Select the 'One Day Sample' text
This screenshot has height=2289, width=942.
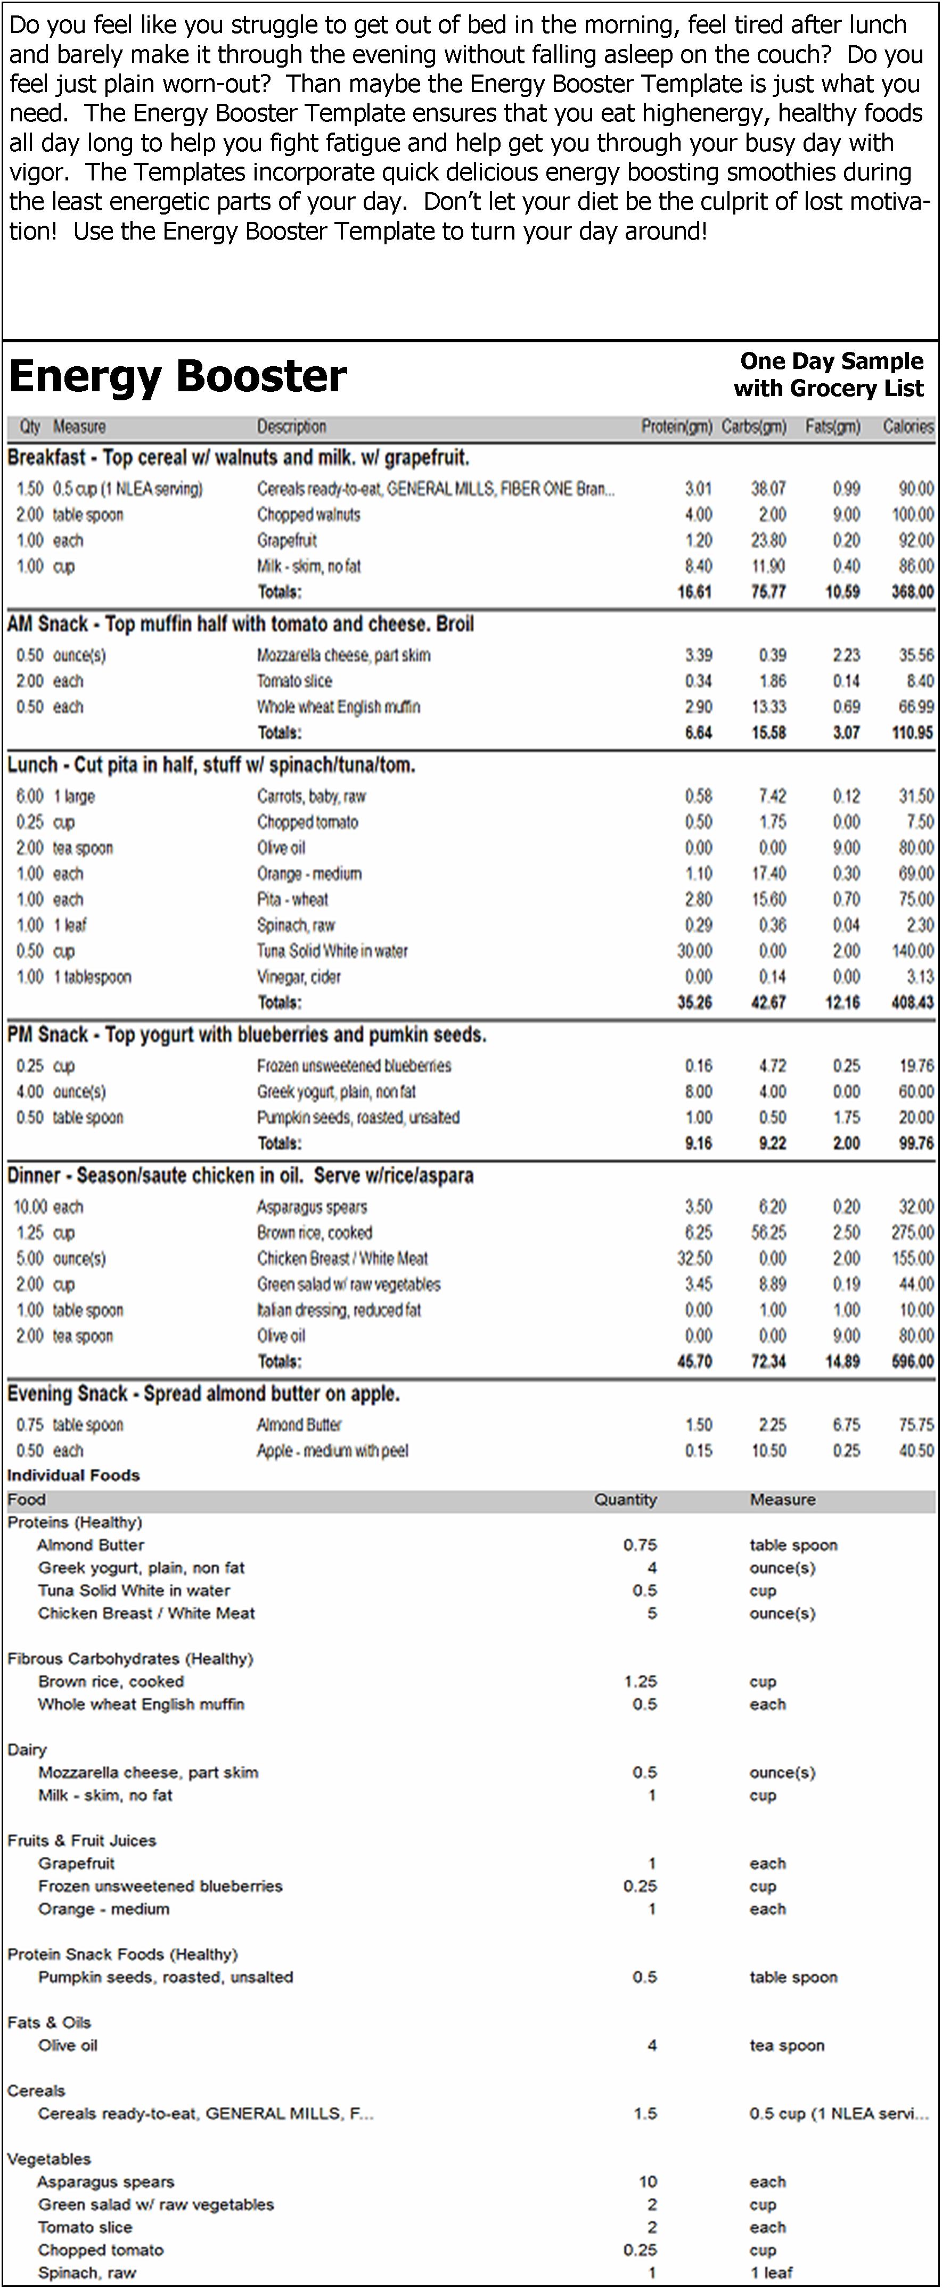(x=832, y=361)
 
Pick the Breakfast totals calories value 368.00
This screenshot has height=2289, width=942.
(x=912, y=592)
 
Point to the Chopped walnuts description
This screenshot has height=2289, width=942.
(x=308, y=514)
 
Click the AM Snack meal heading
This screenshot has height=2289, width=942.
(x=240, y=624)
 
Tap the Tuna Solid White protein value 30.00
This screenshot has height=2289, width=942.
(x=694, y=951)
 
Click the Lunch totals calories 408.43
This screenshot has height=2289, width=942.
(x=912, y=1002)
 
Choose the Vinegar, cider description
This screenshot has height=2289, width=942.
(x=299, y=977)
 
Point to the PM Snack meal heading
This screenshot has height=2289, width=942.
(x=246, y=1035)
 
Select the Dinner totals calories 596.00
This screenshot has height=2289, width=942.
(x=912, y=1361)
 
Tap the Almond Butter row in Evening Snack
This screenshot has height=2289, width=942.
(x=299, y=1425)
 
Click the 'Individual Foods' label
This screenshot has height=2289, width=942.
(x=74, y=1475)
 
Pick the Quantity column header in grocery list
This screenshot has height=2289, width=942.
(x=626, y=1500)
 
